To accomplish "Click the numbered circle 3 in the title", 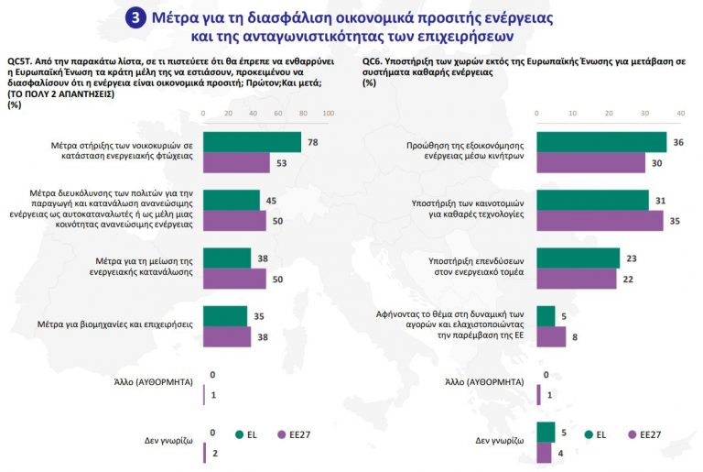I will [x=136, y=17].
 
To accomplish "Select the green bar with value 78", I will [x=252, y=142].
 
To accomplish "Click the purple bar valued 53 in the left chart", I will [x=236, y=163].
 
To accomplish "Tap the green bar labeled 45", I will [x=232, y=200].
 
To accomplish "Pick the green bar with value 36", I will [x=601, y=142].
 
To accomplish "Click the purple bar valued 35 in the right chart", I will [x=600, y=220].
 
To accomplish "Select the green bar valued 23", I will [x=578, y=258].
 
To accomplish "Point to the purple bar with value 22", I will [x=576, y=279].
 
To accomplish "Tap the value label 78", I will [x=313, y=142].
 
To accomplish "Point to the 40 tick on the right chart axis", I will [x=680, y=113].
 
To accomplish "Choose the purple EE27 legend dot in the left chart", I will [x=282, y=434].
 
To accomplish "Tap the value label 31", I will [x=660, y=200].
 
